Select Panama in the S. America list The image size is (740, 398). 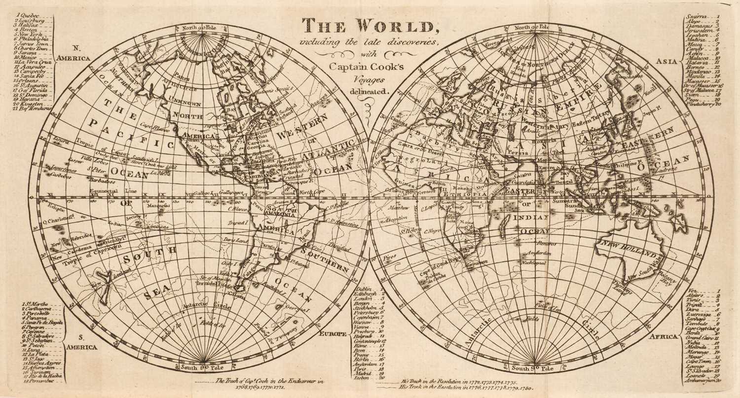coord(35,318)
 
